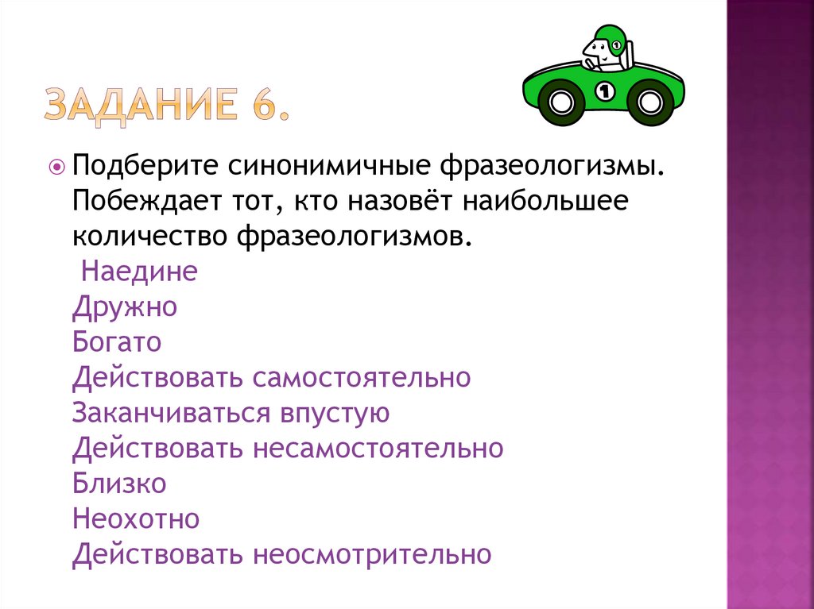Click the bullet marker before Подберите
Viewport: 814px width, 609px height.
coord(57,167)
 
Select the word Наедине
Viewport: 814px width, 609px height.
coord(139,272)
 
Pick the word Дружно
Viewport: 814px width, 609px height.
coord(124,307)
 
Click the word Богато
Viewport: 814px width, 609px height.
coord(117,342)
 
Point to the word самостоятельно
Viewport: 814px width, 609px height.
coord(362,377)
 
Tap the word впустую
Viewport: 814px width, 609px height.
coord(334,413)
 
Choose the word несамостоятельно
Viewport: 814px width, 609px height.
coord(378,448)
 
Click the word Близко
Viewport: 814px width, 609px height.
coord(119,483)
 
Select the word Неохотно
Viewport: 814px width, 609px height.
coord(136,518)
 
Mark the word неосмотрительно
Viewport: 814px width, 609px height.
coord(372,553)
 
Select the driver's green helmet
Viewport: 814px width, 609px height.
coord(605,37)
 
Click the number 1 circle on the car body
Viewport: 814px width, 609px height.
coord(605,90)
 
